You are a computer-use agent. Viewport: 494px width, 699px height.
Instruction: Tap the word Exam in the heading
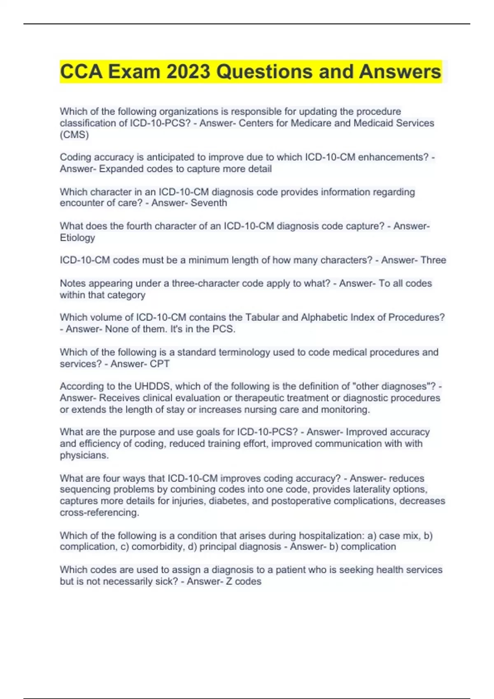pyautogui.click(x=134, y=72)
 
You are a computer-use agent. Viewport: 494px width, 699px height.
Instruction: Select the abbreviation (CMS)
pyautogui.click(x=74, y=134)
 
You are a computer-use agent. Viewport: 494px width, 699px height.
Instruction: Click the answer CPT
pyautogui.click(x=160, y=363)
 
